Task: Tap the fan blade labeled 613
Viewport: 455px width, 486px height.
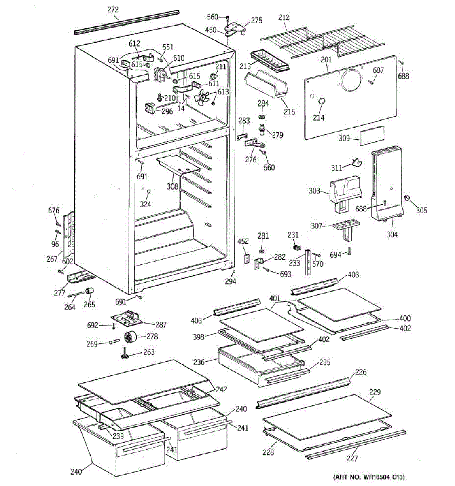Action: (202, 97)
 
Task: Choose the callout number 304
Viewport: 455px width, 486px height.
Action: (392, 234)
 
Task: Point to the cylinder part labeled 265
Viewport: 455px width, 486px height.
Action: (89, 292)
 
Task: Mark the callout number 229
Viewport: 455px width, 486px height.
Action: (375, 392)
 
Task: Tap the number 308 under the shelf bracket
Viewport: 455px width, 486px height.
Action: (172, 187)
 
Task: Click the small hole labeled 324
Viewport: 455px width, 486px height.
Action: (148, 191)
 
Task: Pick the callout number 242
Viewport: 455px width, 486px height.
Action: (221, 390)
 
